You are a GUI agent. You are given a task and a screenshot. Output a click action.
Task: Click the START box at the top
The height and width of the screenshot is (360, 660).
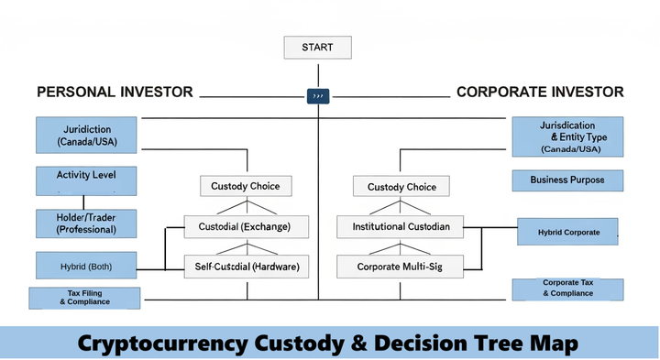click(x=316, y=47)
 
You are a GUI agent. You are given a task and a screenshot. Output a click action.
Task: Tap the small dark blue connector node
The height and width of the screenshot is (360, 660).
click(x=317, y=94)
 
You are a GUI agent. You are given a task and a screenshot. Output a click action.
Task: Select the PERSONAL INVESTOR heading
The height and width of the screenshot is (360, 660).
click(x=115, y=93)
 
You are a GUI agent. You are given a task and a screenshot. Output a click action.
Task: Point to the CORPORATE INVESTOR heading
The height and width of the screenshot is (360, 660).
click(x=540, y=93)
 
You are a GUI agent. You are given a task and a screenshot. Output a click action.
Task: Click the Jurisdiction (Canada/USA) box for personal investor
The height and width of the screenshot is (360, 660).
click(x=86, y=136)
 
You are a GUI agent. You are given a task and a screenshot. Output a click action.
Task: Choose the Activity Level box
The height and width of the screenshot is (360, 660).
click(x=86, y=180)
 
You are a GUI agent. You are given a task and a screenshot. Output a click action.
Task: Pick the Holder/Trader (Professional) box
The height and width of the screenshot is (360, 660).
click(x=86, y=223)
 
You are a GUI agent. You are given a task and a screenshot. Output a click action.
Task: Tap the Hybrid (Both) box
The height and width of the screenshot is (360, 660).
click(x=86, y=266)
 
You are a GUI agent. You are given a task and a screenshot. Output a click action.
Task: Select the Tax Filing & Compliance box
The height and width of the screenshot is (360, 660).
click(x=85, y=298)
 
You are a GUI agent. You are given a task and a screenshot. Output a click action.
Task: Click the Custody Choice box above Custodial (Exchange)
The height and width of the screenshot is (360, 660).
click(x=246, y=186)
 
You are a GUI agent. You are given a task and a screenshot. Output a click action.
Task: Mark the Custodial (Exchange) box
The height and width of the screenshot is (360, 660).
click(x=247, y=226)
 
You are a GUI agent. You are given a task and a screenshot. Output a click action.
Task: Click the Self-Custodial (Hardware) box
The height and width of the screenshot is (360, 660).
click(x=247, y=267)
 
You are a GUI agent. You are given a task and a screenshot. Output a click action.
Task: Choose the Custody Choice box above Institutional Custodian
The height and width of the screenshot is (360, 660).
click(x=401, y=187)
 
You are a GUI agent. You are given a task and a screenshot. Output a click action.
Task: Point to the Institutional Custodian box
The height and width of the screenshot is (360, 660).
click(x=401, y=226)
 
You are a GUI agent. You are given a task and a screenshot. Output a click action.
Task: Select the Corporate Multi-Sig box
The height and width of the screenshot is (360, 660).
click(x=401, y=267)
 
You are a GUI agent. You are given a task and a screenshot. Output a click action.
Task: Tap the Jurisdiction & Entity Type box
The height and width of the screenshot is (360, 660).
click(x=567, y=136)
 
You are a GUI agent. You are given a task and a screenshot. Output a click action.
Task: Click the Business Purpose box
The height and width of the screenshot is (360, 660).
click(x=567, y=180)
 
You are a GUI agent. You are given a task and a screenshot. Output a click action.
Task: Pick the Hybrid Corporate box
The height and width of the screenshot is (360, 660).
click(x=568, y=233)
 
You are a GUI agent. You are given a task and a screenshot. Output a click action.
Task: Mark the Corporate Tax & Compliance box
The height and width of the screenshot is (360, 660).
click(x=568, y=289)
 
